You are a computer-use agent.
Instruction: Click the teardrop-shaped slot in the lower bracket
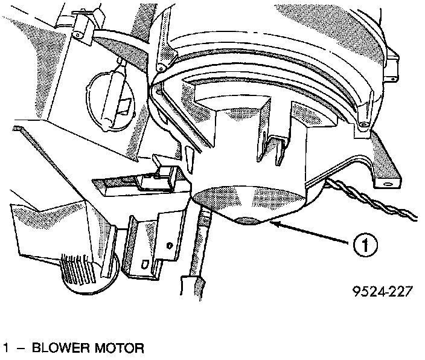coord(144,264)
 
